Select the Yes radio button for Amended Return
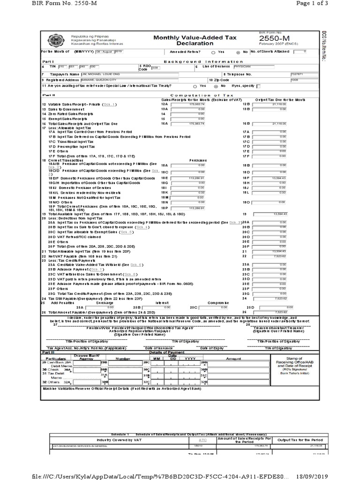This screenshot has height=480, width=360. click(x=214, y=52)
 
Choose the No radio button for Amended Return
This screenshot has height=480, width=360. click(x=239, y=52)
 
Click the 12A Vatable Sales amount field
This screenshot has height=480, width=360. click(x=188, y=104)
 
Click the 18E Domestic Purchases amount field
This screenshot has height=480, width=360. click(x=188, y=179)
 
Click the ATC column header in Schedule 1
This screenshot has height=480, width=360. click(x=202, y=440)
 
